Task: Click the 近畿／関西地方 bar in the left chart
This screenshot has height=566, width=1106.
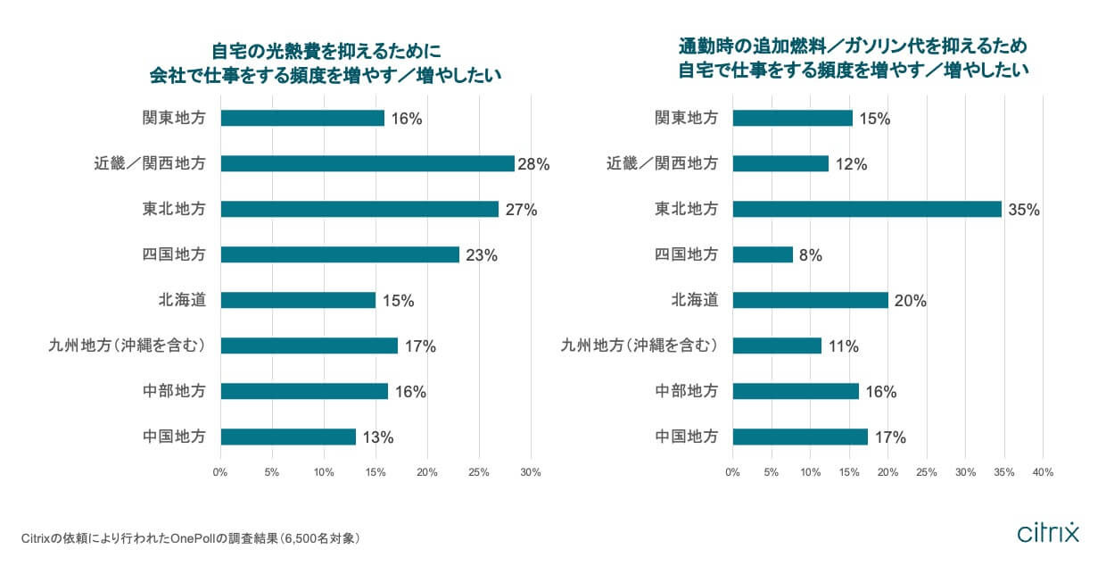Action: click(367, 163)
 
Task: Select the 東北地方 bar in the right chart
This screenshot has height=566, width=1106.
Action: click(867, 209)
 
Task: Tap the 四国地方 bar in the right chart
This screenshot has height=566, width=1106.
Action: click(763, 254)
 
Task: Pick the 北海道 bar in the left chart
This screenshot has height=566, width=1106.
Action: click(298, 300)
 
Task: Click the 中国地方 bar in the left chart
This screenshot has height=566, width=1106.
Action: click(288, 437)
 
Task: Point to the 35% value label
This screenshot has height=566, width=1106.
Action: click(1024, 210)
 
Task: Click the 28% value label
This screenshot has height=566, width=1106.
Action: click(534, 164)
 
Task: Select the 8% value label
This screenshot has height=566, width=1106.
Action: click(810, 255)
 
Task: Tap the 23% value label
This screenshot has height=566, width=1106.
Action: click(481, 255)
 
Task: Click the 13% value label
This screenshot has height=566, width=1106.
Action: click(377, 437)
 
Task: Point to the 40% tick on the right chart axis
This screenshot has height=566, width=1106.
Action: click(1043, 472)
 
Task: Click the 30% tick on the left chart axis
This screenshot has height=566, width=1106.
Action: click(531, 472)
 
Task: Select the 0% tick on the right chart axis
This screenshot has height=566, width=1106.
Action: click(732, 472)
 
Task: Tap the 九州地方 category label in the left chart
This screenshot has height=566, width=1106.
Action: click(128, 345)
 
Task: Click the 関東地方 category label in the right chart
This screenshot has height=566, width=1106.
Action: click(686, 118)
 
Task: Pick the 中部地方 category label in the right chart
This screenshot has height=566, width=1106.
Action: click(686, 391)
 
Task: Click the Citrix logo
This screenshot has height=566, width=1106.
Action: click(1048, 532)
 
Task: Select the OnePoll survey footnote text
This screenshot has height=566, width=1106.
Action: click(190, 538)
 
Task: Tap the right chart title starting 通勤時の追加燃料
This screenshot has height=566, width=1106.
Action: click(854, 56)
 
